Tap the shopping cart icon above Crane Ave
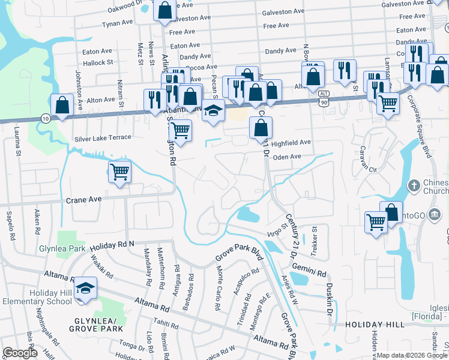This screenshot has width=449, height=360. click(119, 172)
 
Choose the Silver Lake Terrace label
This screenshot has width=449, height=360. click(103, 138)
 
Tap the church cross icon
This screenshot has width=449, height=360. click(413, 185)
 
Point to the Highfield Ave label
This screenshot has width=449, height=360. click(291, 143)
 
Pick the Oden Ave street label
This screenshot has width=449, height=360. click(286, 157)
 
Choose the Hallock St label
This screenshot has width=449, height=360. click(98, 62)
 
